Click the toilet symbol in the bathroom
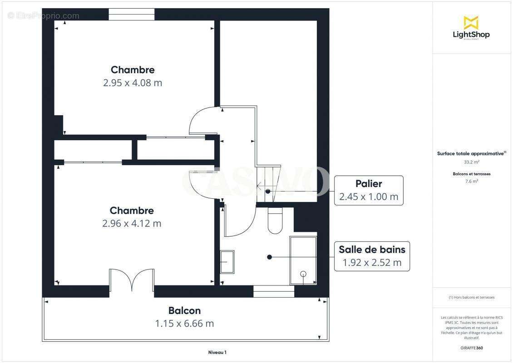pyautogui.click(x=275, y=221)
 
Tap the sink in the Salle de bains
pyautogui.click(x=227, y=262)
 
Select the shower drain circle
pyautogui.click(x=303, y=274)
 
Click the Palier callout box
pyautogui.click(x=369, y=191)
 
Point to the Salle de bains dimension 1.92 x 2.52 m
pyautogui.click(x=372, y=263)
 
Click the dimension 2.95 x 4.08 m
pyautogui.click(x=133, y=83)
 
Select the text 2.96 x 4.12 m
pyautogui.click(x=132, y=224)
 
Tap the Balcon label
pyautogui.click(x=184, y=311)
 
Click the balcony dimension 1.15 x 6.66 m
pyautogui.click(x=184, y=324)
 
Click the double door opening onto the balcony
pyautogui.click(x=132, y=280)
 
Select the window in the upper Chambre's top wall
pyautogui.click(x=132, y=15)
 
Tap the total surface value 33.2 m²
pyautogui.click(x=471, y=162)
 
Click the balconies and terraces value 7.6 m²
pyautogui.click(x=471, y=181)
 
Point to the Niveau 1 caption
pyautogui.click(x=217, y=352)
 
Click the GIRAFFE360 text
pyautogui.click(x=471, y=348)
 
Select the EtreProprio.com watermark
pyautogui.click(x=43, y=16)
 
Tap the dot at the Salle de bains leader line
pyautogui.click(x=269, y=257)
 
